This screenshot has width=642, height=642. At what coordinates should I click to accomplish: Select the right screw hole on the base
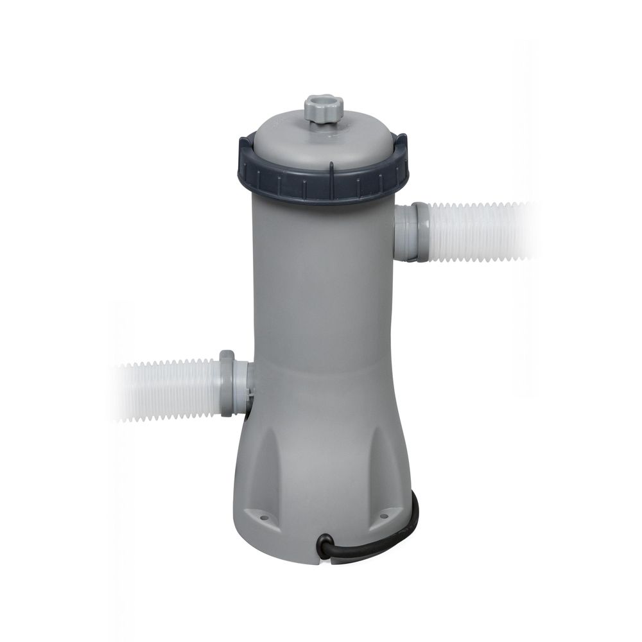pyautogui.click(x=384, y=514)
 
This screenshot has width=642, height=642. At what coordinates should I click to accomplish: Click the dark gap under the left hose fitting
pyautogui.click(x=247, y=415)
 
